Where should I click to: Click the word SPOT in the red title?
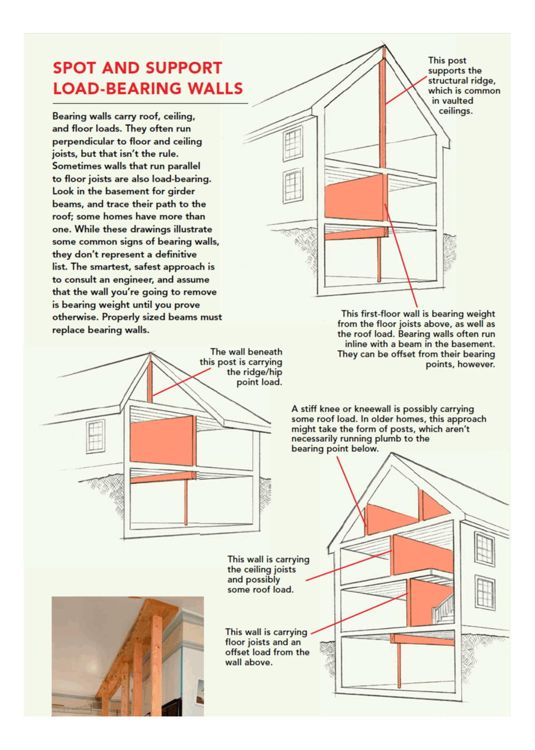pyautogui.click(x=74, y=68)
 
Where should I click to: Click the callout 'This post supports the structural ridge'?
pyautogui.click(x=463, y=86)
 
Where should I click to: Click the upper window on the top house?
pyautogui.click(x=293, y=144)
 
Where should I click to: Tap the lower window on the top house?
pyautogui.click(x=293, y=186)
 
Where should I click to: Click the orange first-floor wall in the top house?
pyautogui.click(x=355, y=197)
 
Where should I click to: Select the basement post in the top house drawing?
pyautogui.click(x=379, y=260)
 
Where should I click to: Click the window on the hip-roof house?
pyautogui.click(x=95, y=436)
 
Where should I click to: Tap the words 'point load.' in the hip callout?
pyautogui.click(x=259, y=383)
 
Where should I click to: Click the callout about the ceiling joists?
pyautogui.click(x=268, y=574)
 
